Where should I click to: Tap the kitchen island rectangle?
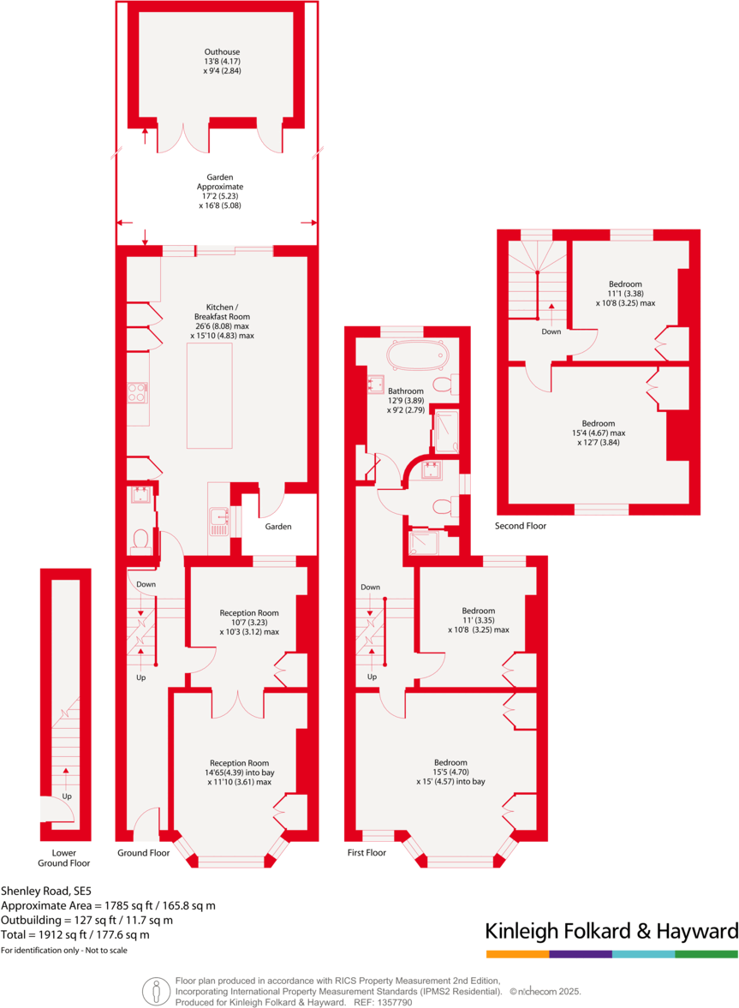[209, 397]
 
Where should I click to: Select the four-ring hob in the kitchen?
[137, 391]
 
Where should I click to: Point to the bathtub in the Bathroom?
[417, 355]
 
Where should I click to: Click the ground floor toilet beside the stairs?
[141, 540]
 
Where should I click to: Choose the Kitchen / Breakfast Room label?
[222, 321]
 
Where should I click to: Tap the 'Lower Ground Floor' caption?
[64, 857]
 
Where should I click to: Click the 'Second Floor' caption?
[521, 526]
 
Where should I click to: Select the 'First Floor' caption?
[367, 853]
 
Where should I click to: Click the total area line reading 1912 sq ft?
[74, 934]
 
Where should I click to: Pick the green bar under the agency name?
[706, 953]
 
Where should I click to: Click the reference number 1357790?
[394, 1002]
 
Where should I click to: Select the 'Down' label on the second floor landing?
[552, 331]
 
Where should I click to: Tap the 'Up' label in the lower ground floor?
[66, 796]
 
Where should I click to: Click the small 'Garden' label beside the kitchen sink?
[278, 527]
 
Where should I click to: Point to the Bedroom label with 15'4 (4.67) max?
[599, 432]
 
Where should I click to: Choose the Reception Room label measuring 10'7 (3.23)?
[249, 622]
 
